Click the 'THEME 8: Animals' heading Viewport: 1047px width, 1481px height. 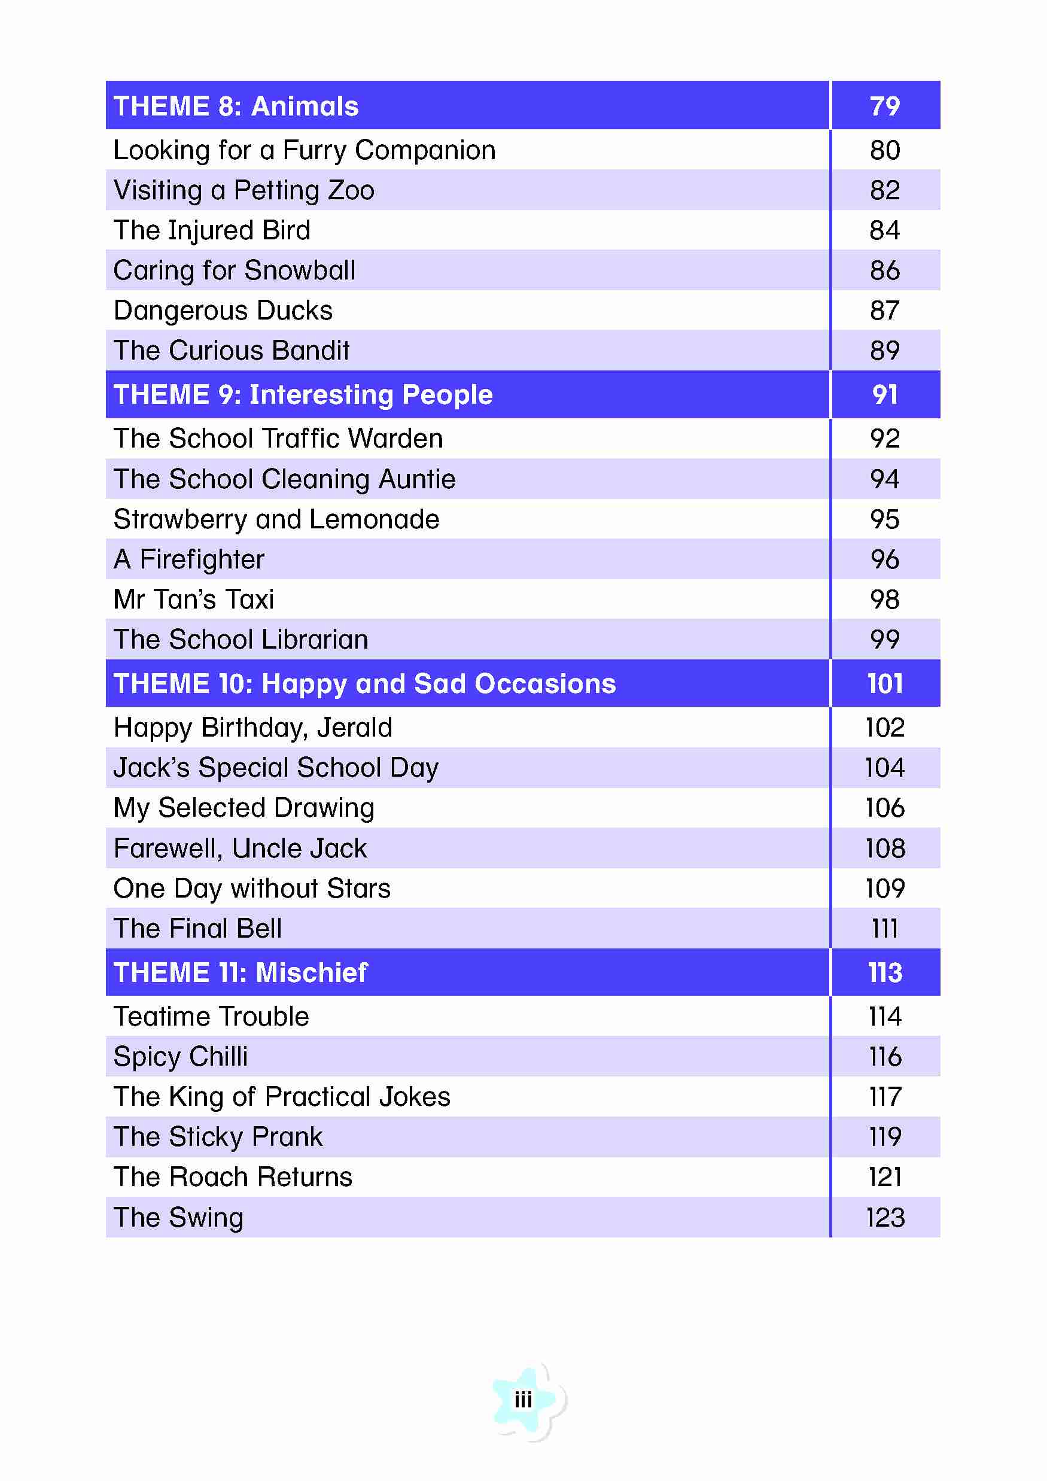point(236,107)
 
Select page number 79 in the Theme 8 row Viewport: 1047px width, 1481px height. point(884,107)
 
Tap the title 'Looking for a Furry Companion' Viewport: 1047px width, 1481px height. point(305,150)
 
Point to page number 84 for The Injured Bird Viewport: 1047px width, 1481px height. point(884,230)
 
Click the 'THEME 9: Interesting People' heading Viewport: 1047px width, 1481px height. point(303,395)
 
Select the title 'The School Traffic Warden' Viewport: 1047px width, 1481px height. point(278,439)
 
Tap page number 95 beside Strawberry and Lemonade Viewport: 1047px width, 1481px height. point(884,519)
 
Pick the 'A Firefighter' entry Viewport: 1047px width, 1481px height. point(189,559)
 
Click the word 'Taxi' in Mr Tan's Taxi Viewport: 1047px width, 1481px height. point(249,599)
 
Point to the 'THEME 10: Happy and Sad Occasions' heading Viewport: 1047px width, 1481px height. point(364,684)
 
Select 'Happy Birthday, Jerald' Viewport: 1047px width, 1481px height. point(253,728)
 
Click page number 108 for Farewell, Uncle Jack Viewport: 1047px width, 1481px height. point(885,849)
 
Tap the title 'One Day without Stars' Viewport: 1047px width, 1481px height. point(252,888)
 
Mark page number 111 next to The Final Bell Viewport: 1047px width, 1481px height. point(884,929)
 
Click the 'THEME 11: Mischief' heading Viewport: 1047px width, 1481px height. point(240,973)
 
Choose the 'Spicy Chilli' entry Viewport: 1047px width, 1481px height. point(181,1057)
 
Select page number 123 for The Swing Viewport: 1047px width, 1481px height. point(885,1217)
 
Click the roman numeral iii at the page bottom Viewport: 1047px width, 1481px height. point(523,1400)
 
